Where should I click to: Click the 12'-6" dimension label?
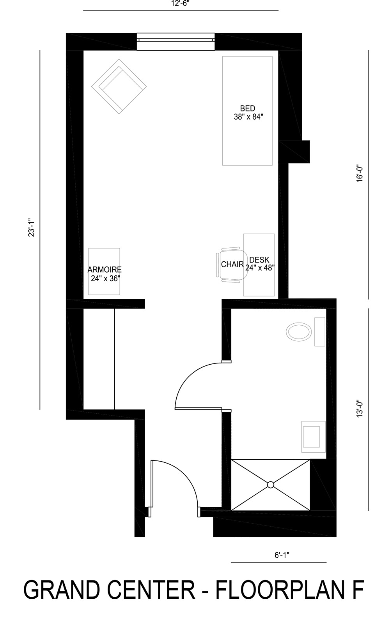click(181, 3)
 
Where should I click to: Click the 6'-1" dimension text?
click(282, 555)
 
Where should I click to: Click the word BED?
click(248, 108)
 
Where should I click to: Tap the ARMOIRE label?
click(105, 270)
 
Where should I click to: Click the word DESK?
click(259, 260)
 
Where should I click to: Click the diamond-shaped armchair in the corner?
click(119, 86)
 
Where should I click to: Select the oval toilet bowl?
click(299, 332)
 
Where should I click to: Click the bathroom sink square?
click(312, 437)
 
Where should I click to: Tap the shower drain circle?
click(270, 485)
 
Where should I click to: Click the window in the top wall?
click(176, 42)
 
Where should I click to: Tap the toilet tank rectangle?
click(320, 332)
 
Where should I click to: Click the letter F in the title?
click(357, 590)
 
